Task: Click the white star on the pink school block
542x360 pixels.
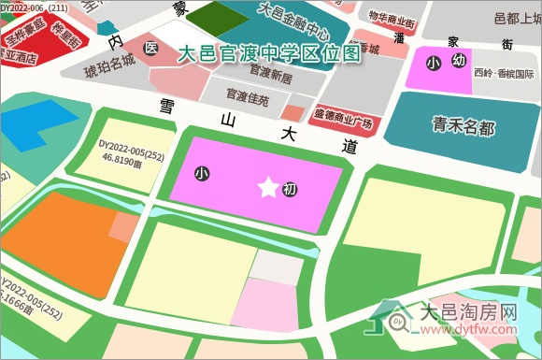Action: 267,189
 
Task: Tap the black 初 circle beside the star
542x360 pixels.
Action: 290,190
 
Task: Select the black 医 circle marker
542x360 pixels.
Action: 150,47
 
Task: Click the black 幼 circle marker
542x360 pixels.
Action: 458,61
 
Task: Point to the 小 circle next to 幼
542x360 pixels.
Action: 432,63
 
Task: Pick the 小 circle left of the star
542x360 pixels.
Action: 202,173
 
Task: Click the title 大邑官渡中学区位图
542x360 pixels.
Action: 268,53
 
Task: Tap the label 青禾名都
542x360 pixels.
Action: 463,126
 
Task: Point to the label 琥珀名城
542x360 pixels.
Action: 109,70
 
